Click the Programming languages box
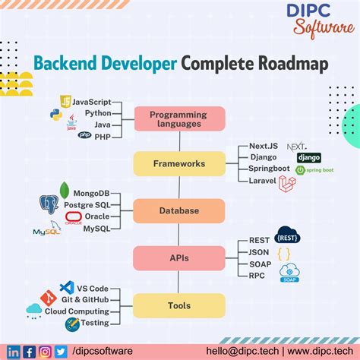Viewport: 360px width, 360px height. point(179,119)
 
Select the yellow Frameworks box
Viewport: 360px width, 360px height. point(179,163)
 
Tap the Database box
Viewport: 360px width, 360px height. point(179,210)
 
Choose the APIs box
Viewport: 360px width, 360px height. point(179,257)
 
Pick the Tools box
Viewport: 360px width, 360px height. point(179,305)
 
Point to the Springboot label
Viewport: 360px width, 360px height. point(274,169)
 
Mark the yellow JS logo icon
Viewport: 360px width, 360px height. point(66,101)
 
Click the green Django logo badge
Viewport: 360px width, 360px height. point(309,158)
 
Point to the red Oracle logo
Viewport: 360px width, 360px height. point(74,217)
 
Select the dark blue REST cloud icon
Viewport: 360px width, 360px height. point(289,235)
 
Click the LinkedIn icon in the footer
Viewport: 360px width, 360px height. point(13,351)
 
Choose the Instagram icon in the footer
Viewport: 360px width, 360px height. point(46,351)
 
